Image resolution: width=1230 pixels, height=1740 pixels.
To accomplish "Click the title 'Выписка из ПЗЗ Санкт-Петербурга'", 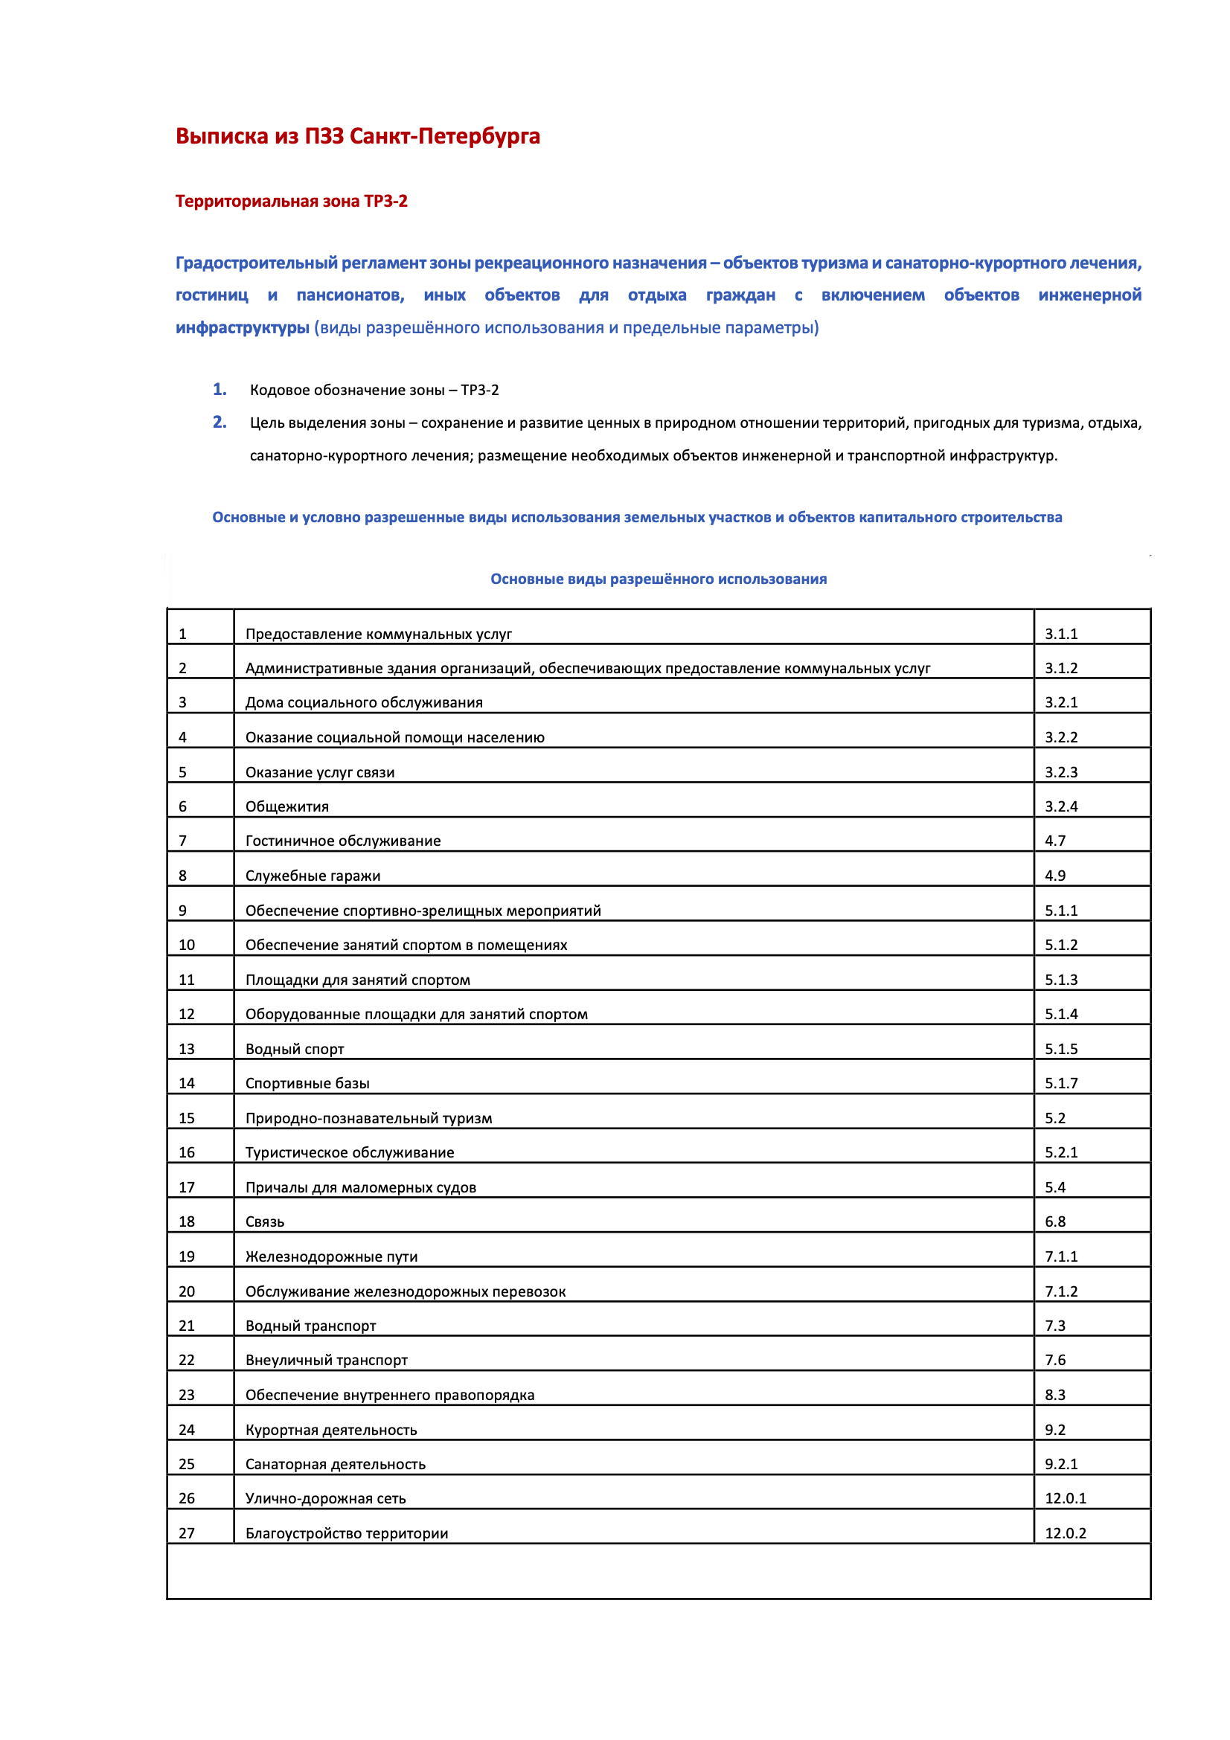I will tap(358, 136).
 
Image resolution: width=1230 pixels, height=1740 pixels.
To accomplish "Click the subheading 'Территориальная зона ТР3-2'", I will tap(291, 202).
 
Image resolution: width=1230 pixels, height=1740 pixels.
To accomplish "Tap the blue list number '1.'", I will tap(220, 390).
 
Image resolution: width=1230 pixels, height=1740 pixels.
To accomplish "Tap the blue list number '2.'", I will tap(220, 422).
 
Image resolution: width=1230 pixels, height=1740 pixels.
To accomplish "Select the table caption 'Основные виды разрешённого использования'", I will tap(658, 579).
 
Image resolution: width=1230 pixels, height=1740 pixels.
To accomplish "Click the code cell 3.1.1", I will tap(1061, 635).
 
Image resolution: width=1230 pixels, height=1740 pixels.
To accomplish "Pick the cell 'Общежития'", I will tap(287, 806).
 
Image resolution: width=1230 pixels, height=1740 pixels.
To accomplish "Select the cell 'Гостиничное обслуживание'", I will tap(342, 841).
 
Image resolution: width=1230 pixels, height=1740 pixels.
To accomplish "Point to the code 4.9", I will tap(1055, 876).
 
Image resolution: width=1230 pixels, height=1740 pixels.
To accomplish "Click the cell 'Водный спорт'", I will tap(295, 1049).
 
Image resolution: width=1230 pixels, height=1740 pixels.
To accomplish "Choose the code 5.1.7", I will tap(1061, 1083).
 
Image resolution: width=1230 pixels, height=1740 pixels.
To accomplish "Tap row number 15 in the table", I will tap(187, 1118).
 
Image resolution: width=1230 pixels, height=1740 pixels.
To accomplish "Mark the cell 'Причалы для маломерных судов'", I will tap(361, 1187).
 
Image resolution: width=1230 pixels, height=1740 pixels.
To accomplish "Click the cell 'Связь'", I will tap(264, 1221).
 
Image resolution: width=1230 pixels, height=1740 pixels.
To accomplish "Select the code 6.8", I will tap(1055, 1221).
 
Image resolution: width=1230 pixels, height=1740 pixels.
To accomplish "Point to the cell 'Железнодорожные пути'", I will tap(331, 1256).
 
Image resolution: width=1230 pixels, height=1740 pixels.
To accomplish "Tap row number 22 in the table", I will tap(187, 1360).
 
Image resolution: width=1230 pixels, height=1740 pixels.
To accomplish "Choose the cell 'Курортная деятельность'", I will tap(331, 1429).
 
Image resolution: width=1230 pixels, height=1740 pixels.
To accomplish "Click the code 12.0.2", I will tap(1066, 1533).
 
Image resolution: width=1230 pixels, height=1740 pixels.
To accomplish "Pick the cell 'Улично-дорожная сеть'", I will tap(326, 1498).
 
